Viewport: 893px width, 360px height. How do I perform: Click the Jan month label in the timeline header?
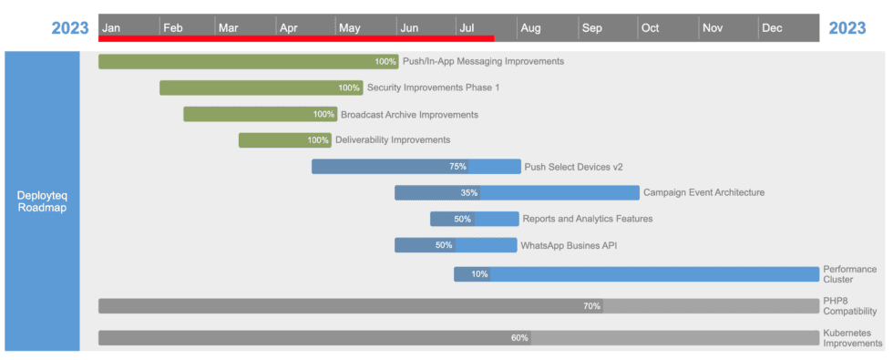(x=111, y=27)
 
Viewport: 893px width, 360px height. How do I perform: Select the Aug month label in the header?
(x=530, y=27)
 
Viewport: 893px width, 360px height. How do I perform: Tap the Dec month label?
(x=772, y=27)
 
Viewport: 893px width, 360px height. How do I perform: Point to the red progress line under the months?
(x=296, y=38)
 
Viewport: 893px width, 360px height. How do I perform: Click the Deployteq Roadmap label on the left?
(x=42, y=201)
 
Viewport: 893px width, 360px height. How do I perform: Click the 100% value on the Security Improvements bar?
(x=349, y=88)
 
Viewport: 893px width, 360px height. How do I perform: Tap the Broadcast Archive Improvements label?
(x=409, y=115)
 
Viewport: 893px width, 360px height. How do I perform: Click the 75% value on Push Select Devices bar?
(x=457, y=167)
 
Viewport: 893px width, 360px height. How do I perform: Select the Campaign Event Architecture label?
(x=703, y=192)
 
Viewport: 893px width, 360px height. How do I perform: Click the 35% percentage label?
(x=469, y=193)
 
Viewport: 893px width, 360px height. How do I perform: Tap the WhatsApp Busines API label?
(x=569, y=245)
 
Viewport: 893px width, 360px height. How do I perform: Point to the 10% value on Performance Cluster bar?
(x=479, y=274)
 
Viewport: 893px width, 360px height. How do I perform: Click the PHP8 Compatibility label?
(x=849, y=305)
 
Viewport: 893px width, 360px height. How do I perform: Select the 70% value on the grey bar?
(x=591, y=306)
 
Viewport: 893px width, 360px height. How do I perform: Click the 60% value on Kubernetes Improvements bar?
(x=519, y=338)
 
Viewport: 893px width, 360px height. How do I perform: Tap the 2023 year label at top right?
(x=847, y=27)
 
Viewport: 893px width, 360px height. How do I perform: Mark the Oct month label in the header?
(x=650, y=27)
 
